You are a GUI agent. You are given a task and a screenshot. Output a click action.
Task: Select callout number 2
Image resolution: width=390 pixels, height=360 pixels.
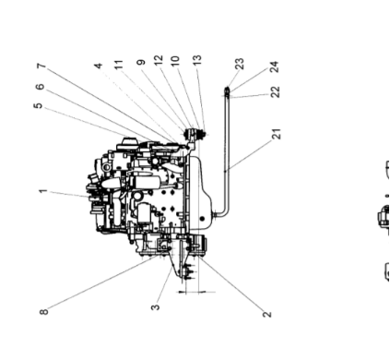[x=267, y=314]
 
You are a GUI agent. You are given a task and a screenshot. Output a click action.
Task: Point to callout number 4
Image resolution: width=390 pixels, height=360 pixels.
[x=99, y=66]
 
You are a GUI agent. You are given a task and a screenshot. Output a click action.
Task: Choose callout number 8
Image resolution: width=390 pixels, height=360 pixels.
[x=43, y=311]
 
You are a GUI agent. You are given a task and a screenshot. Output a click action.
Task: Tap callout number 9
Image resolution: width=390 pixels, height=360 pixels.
[x=141, y=66]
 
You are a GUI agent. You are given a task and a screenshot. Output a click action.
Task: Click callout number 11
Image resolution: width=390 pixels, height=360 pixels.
[x=118, y=66]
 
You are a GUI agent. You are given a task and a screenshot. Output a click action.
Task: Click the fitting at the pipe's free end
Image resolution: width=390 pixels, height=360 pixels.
[x=227, y=90]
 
